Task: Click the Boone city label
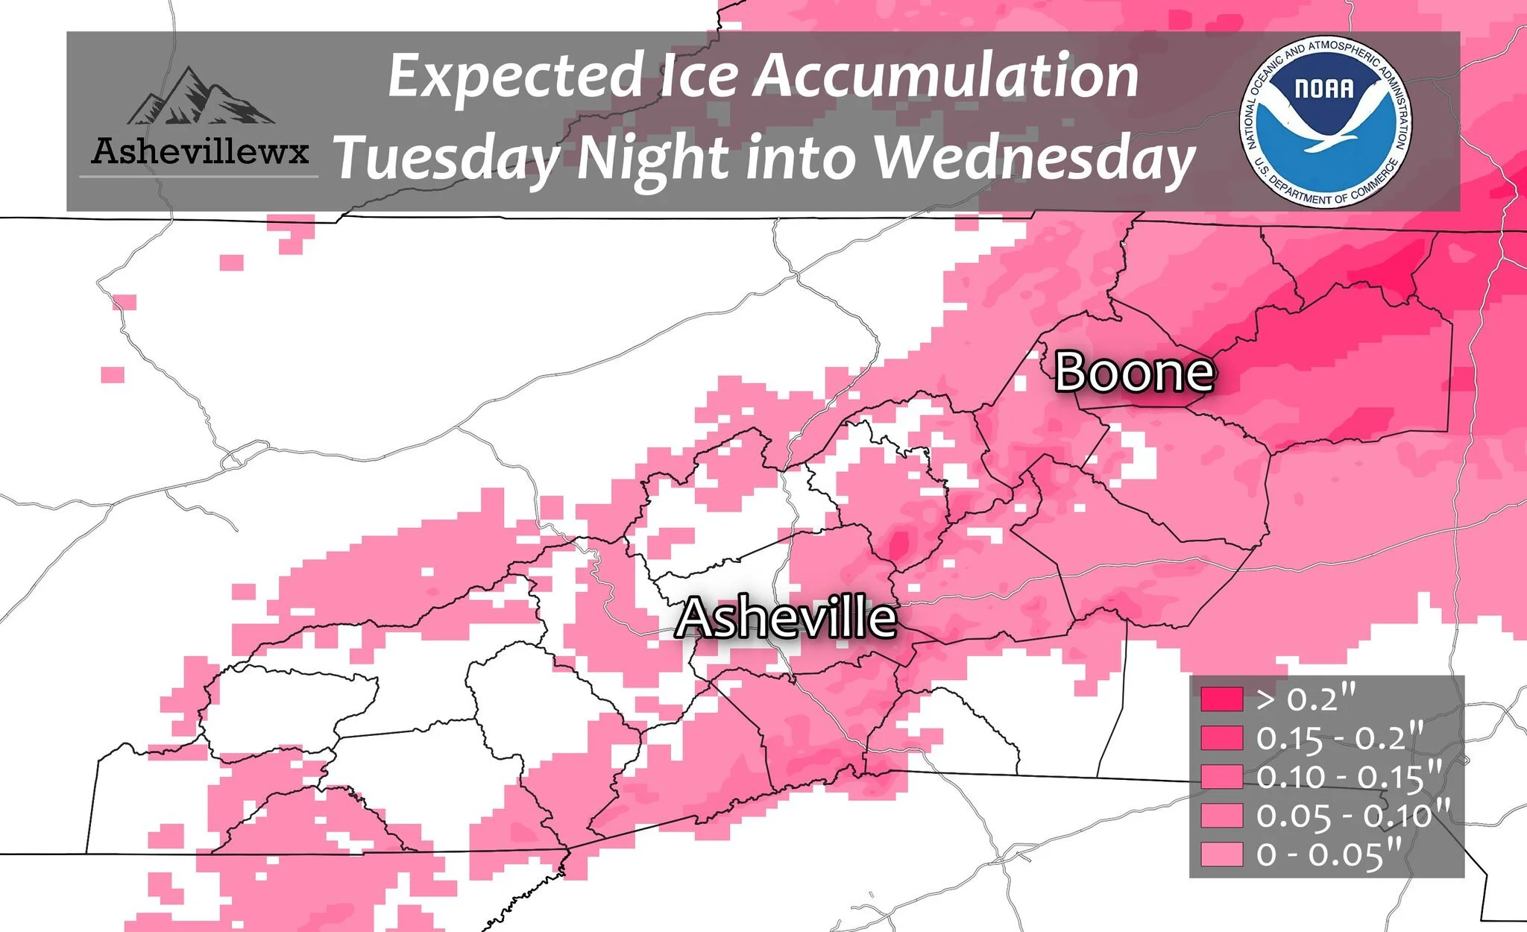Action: (1134, 372)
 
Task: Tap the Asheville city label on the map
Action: (785, 618)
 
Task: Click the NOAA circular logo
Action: (1326, 122)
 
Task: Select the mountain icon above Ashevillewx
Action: (200, 97)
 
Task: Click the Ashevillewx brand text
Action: (200, 151)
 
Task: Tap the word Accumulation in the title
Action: (947, 76)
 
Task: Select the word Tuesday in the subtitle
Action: (447, 159)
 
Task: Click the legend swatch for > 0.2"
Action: (1221, 699)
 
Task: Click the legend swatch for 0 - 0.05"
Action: (1221, 854)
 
